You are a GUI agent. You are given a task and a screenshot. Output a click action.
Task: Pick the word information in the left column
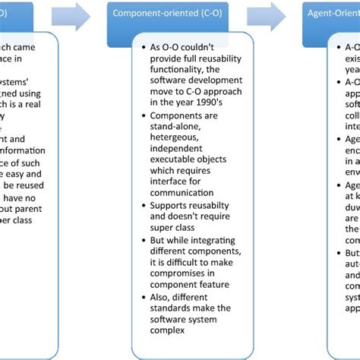[x=24, y=150]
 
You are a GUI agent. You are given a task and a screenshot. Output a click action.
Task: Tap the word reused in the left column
[x=30, y=186]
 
